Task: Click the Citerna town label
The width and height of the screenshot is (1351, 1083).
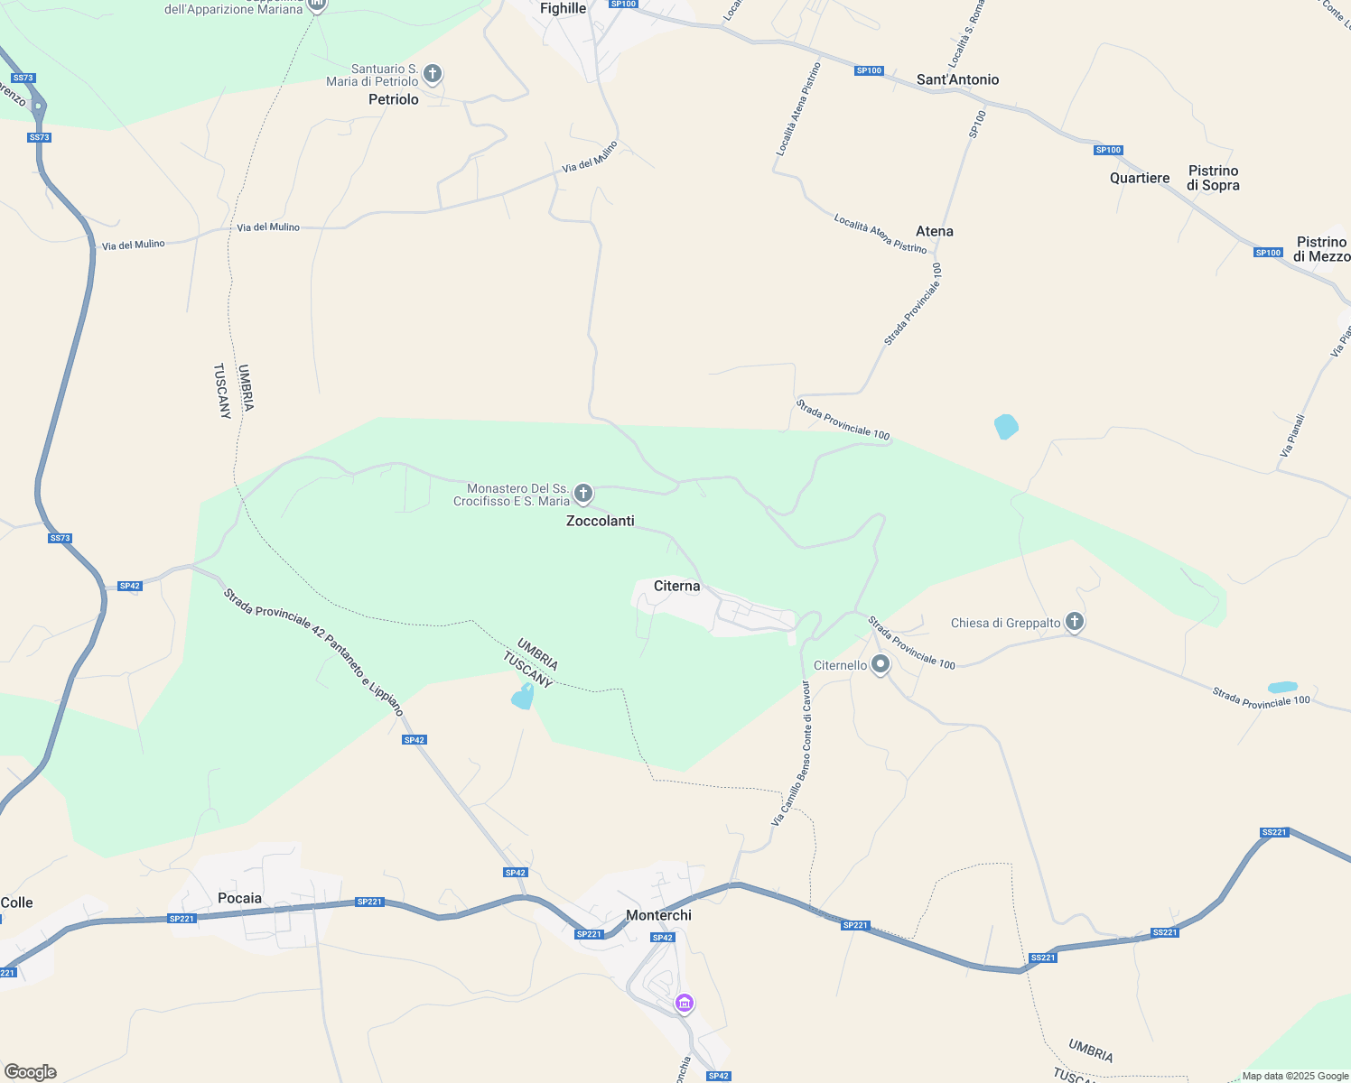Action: (x=676, y=587)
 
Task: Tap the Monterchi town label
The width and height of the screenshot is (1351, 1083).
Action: (x=658, y=915)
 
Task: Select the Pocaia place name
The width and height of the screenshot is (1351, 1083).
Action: (x=239, y=898)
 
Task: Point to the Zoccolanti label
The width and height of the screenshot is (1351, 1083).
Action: (x=600, y=521)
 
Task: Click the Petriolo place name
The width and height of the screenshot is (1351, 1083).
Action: (x=394, y=99)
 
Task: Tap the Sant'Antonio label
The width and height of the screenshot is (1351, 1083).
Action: (x=957, y=79)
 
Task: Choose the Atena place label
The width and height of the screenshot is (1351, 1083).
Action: (x=934, y=231)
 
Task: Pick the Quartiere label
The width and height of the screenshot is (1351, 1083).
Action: (x=1140, y=178)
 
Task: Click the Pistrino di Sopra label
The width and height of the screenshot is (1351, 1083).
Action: (x=1213, y=178)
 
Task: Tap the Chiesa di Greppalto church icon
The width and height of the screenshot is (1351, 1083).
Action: (x=1074, y=622)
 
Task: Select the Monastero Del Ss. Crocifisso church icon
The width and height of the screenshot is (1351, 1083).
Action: (x=583, y=493)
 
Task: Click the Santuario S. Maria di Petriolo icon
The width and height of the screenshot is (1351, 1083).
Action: (x=433, y=73)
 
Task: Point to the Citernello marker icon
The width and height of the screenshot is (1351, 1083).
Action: (x=880, y=665)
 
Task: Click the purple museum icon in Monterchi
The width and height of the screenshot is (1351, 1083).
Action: (x=685, y=1003)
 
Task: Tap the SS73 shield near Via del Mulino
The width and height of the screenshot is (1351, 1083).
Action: (x=39, y=137)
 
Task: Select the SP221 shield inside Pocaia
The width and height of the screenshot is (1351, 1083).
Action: (x=182, y=919)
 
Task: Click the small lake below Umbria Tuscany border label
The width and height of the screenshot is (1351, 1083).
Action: (x=523, y=697)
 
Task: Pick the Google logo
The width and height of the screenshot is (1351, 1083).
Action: (x=31, y=1072)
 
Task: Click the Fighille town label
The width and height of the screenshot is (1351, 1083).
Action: (x=563, y=8)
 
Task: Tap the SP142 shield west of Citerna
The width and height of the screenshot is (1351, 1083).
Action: (x=130, y=586)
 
